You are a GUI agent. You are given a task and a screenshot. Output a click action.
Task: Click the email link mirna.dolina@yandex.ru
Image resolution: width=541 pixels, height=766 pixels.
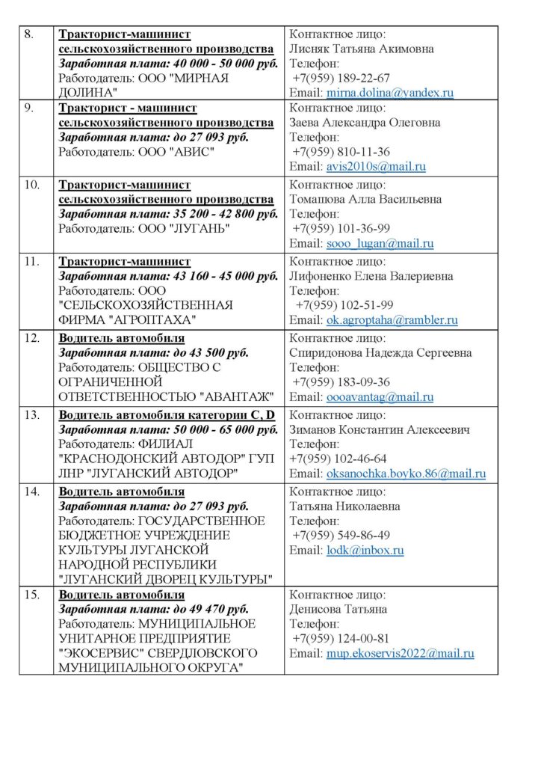(x=390, y=94)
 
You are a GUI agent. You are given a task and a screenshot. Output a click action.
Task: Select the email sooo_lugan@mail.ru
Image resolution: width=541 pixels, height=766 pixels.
(x=380, y=243)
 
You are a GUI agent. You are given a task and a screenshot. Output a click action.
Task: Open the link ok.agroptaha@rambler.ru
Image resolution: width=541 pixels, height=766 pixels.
(x=392, y=320)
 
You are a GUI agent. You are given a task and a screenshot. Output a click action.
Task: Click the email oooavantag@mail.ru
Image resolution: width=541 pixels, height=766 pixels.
(x=380, y=397)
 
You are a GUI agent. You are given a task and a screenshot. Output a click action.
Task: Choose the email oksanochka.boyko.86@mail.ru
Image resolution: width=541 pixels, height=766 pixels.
(x=406, y=474)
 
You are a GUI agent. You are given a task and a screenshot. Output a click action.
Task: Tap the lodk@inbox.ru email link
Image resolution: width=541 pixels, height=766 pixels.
(x=365, y=551)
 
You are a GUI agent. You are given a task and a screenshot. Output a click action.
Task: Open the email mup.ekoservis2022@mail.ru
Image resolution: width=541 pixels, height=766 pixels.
(x=400, y=653)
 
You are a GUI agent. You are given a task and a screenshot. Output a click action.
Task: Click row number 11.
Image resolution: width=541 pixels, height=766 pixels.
(x=31, y=262)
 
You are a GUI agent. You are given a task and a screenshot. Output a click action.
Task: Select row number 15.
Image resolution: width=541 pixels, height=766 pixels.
(x=31, y=595)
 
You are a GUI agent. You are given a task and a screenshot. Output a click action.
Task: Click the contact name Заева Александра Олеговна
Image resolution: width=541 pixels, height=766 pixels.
(x=365, y=123)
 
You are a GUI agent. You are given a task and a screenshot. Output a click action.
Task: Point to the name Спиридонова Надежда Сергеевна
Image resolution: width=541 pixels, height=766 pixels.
(x=380, y=353)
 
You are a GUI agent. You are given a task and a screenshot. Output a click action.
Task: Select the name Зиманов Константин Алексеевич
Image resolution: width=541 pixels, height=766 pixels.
(x=379, y=430)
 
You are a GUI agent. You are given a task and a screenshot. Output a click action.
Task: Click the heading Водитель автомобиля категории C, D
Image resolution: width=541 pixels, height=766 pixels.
(x=167, y=415)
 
